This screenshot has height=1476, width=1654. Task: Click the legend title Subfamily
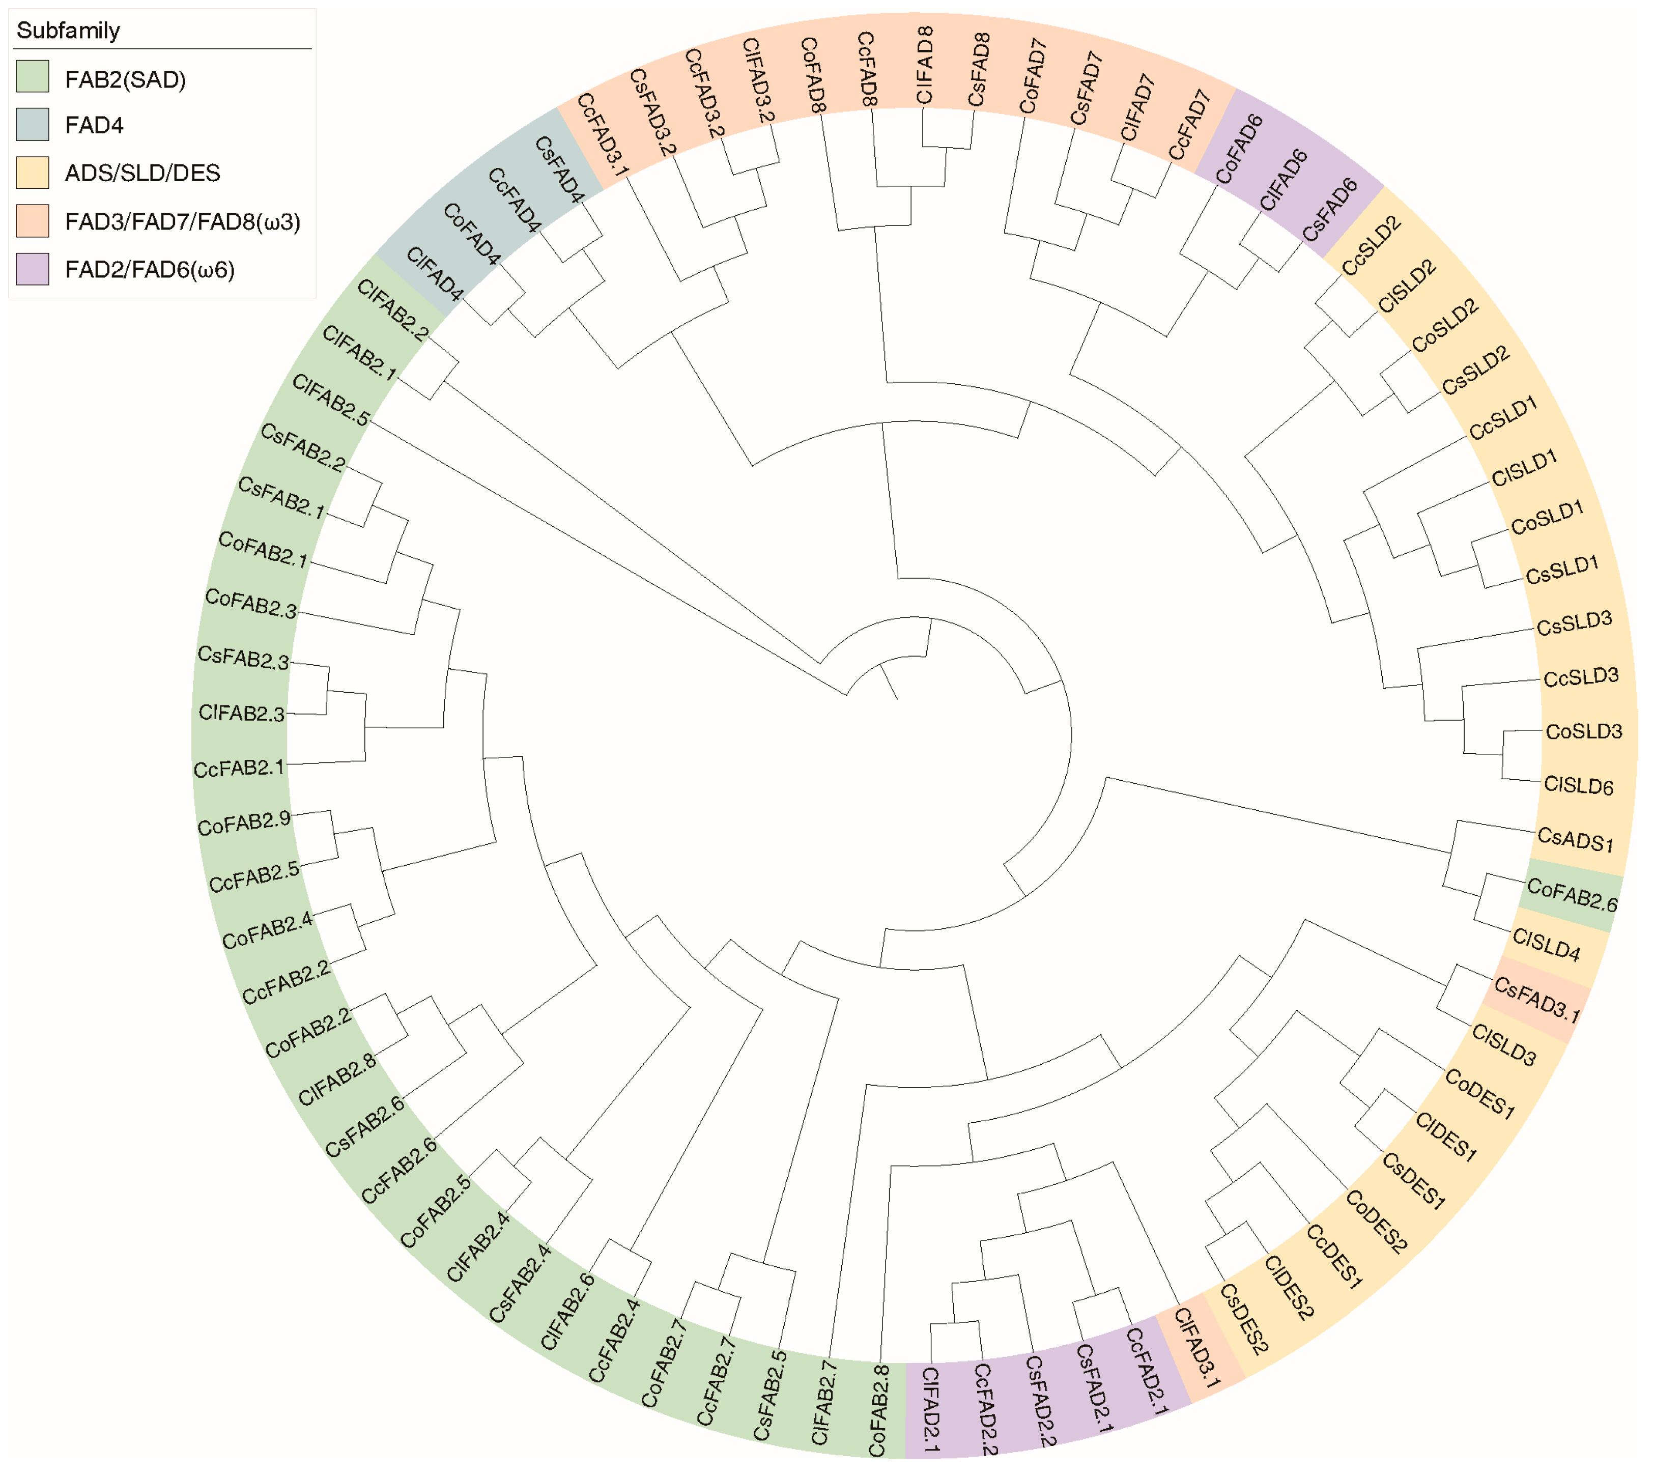coord(68,31)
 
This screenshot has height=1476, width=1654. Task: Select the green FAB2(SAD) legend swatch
coord(33,76)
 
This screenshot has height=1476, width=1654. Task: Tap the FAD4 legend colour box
coord(33,125)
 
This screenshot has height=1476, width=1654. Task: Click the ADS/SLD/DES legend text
coord(142,173)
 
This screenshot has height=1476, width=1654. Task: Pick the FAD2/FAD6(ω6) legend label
coord(150,269)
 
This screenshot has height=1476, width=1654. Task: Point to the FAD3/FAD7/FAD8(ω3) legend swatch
coord(33,220)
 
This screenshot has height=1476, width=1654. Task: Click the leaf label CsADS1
coord(1575,839)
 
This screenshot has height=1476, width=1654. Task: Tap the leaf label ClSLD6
coord(1578,785)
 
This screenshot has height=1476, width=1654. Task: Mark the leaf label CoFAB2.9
coord(244,823)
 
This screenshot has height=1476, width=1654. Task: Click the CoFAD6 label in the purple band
coord(1239,149)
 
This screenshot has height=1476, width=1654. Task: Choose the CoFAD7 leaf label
coord(1033,77)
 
